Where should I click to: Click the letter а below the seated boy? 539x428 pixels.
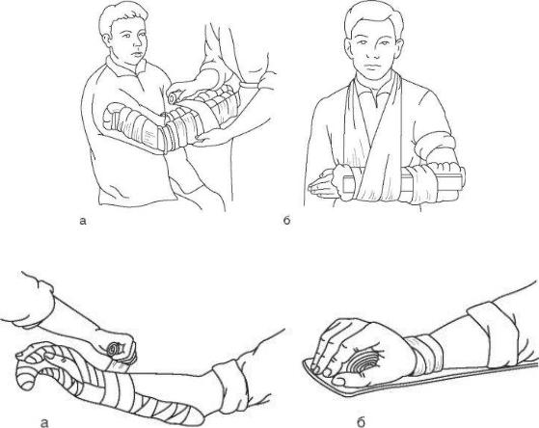point(82,221)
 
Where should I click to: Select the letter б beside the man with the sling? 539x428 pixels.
point(286,220)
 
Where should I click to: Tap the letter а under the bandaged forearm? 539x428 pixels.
point(44,422)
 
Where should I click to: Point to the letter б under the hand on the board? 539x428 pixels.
point(361,421)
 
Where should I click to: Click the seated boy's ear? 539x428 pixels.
point(107,38)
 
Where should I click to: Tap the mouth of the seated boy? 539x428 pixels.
point(138,55)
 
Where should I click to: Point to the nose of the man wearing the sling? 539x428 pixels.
point(373,51)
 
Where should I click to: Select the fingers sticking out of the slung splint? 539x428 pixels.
point(321,185)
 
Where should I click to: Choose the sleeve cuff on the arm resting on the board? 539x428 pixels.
point(493,329)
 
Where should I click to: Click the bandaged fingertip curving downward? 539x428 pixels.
point(23,379)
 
